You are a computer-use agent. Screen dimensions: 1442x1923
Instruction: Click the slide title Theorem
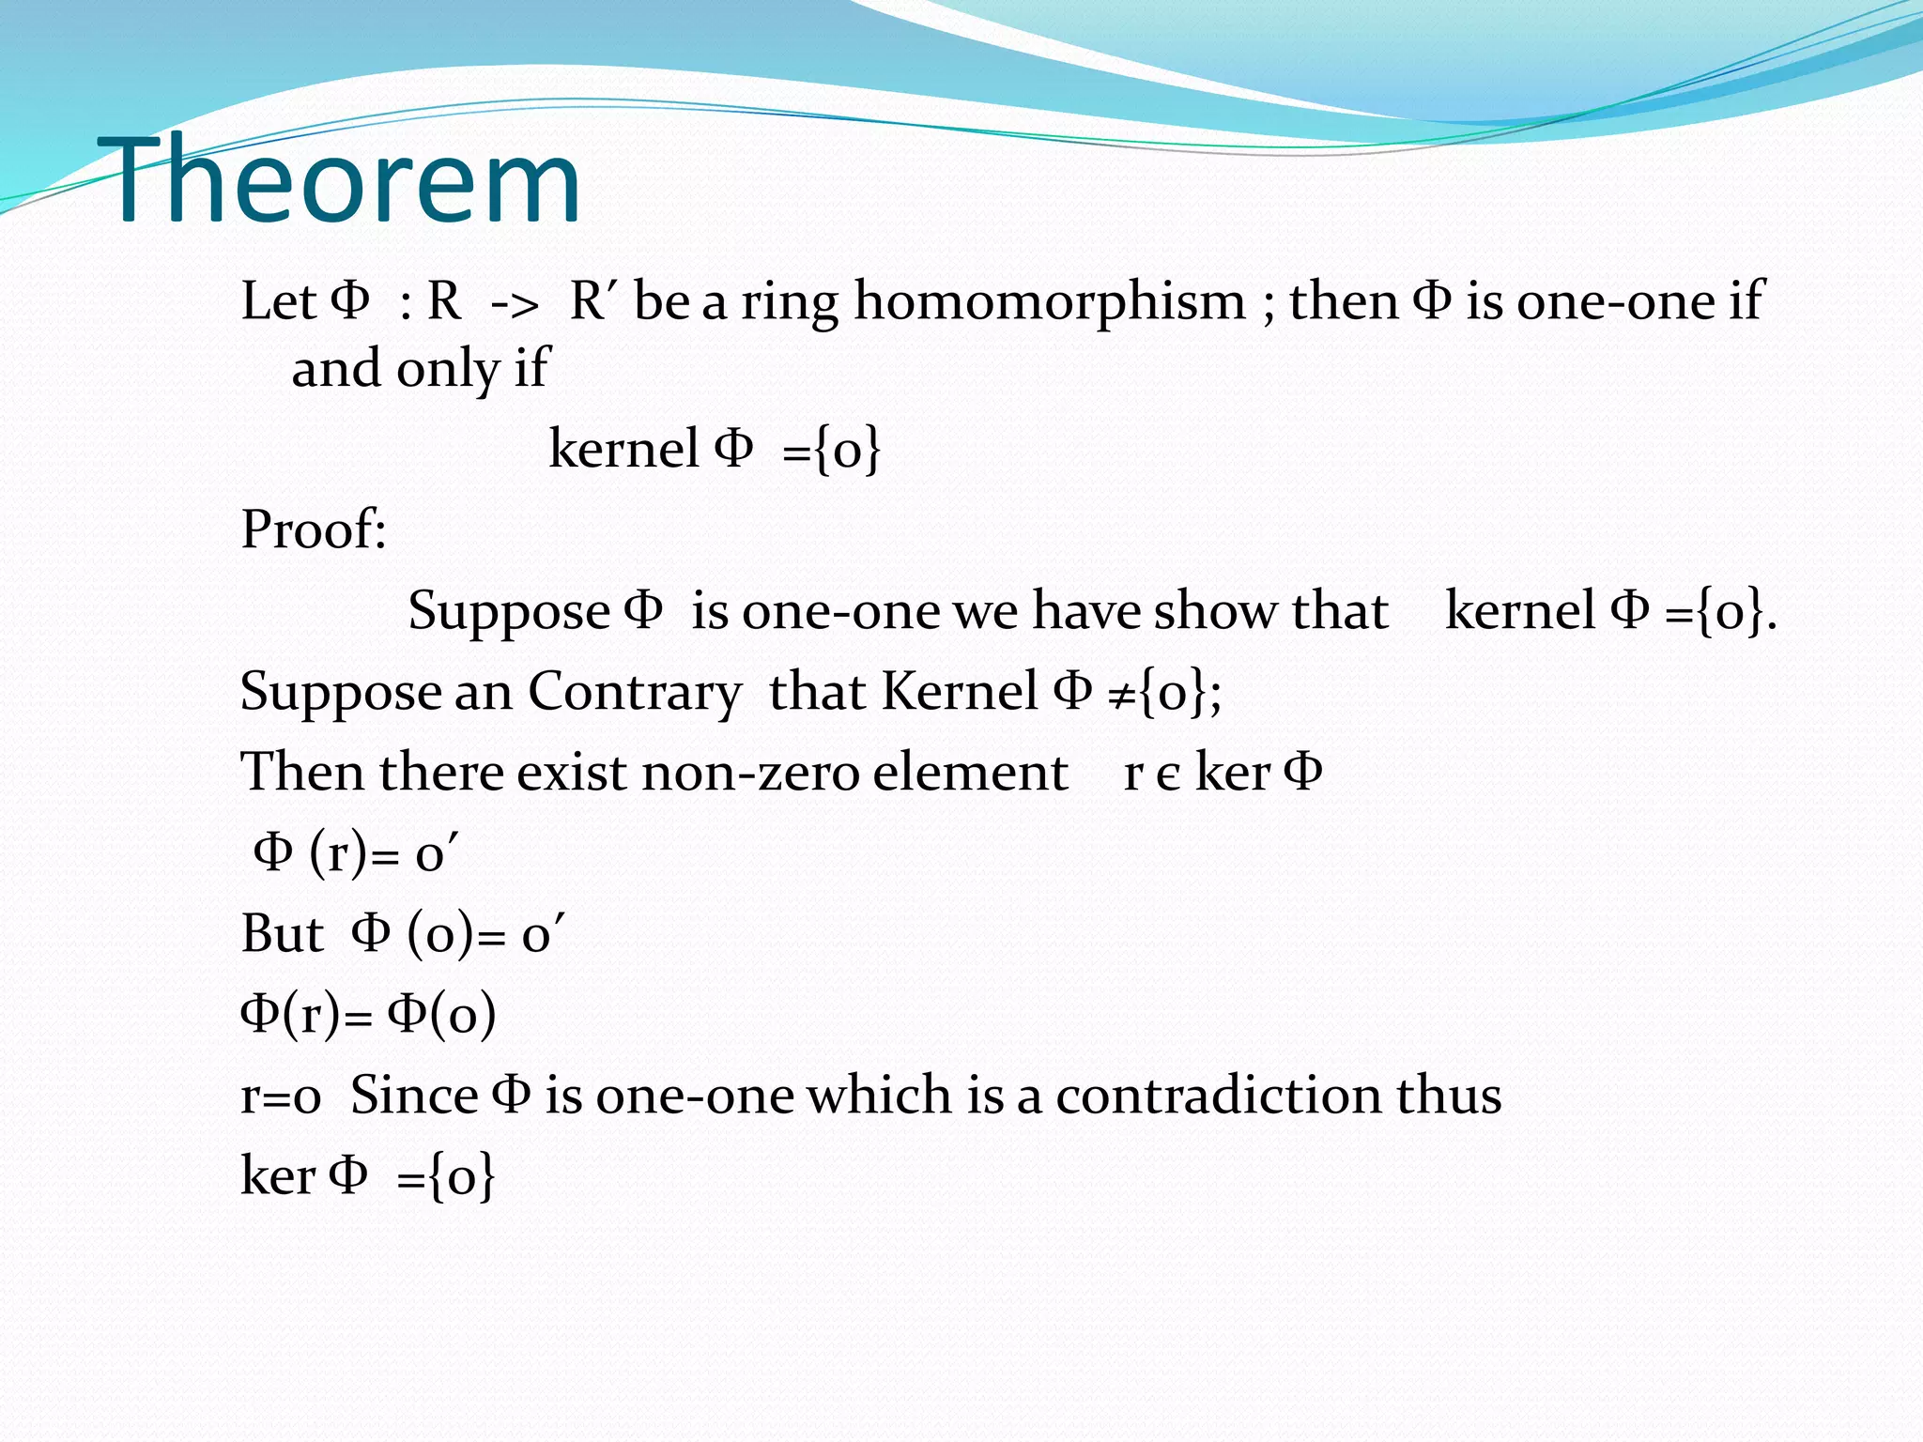click(346, 180)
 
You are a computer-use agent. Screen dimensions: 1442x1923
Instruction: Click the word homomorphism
click(1049, 302)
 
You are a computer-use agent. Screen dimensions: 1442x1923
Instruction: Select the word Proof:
click(314, 529)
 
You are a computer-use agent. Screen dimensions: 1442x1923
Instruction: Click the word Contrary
click(634, 693)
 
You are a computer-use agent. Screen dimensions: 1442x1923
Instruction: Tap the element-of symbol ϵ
click(1167, 775)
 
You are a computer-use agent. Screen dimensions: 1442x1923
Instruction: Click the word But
click(282, 935)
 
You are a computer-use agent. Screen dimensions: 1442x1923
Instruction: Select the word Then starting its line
click(302, 774)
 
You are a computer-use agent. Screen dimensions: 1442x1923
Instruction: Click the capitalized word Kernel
click(960, 693)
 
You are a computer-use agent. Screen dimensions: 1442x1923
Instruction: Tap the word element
click(970, 774)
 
